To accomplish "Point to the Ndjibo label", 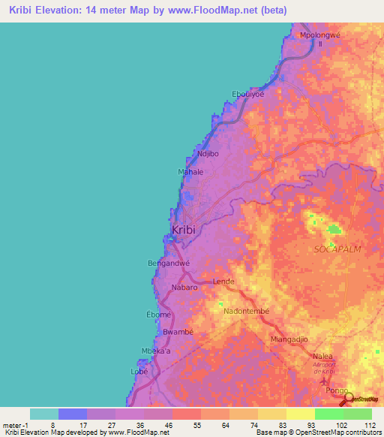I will tap(207, 154).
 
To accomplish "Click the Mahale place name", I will tap(190, 172).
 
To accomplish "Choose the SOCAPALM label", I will tap(332, 249).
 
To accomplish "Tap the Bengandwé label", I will tap(169, 264).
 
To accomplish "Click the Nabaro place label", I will tap(184, 288).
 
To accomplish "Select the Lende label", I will tap(223, 282).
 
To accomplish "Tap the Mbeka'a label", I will tap(156, 351).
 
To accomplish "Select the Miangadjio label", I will tap(289, 339).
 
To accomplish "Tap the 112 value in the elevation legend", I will tap(368, 424).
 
